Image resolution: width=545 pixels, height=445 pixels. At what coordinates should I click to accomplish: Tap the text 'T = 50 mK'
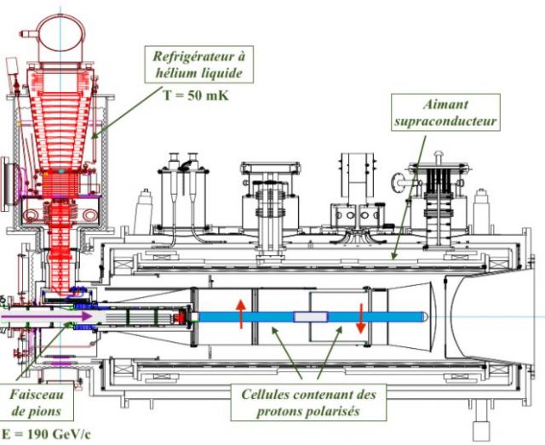(196, 95)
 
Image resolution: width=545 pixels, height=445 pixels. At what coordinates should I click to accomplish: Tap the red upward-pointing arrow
(240, 312)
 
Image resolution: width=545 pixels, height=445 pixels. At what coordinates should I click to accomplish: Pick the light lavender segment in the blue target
(310, 317)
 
